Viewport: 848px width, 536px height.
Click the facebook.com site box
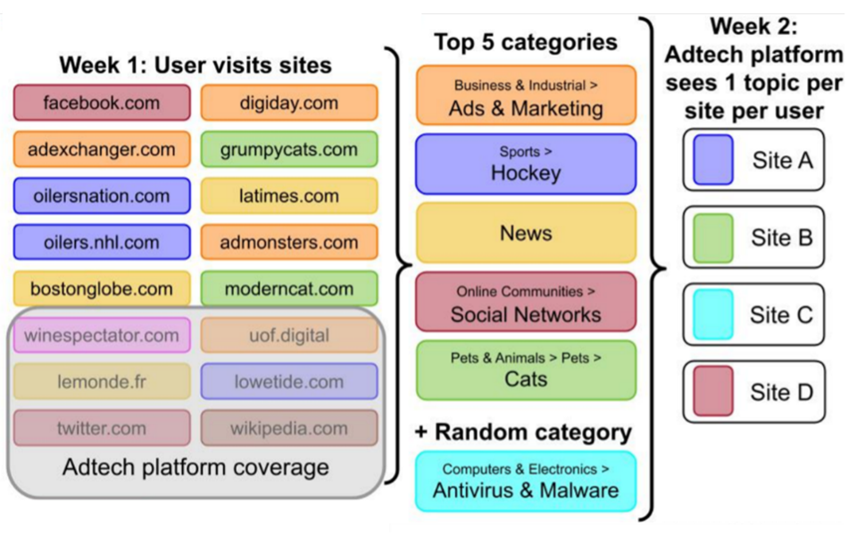102,103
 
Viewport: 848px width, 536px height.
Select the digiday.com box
289,103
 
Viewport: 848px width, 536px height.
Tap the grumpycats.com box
289,149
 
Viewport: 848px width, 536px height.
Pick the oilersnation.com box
102,195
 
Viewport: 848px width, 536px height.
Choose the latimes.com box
289,195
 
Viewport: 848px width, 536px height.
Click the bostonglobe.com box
102,289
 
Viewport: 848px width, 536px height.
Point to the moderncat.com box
289,289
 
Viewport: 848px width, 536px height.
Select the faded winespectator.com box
102,335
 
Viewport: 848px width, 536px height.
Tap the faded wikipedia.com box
289,428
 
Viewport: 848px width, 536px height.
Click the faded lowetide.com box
289,382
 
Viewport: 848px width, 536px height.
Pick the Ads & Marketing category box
526,99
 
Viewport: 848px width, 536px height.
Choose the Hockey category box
526,164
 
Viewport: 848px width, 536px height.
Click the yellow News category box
526,233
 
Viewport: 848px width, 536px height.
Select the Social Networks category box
526,303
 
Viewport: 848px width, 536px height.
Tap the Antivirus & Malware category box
526,481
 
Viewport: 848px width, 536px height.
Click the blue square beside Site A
712,160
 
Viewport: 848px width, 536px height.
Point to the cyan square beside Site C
712,315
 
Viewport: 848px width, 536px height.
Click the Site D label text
782,392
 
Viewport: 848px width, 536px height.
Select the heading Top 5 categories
526,42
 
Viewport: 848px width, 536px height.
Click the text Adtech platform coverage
195,467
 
